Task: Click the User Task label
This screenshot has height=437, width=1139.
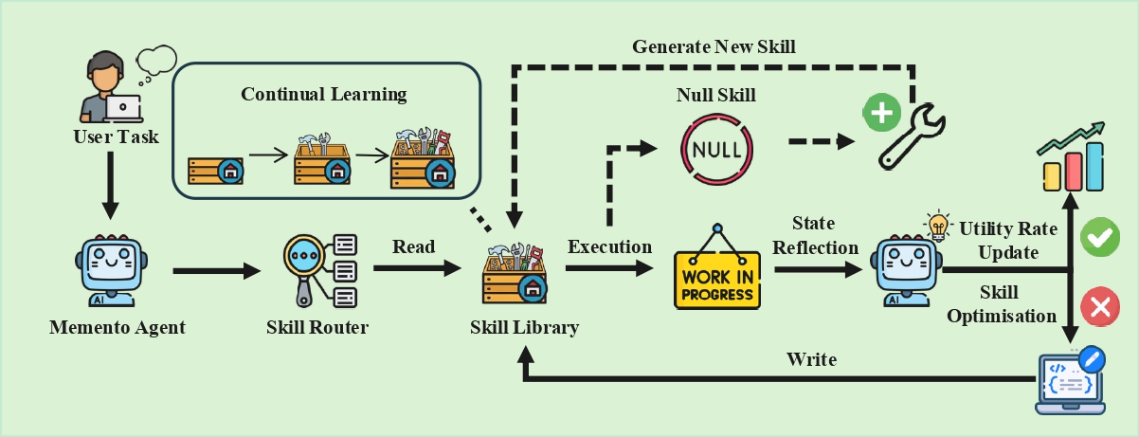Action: coord(116,137)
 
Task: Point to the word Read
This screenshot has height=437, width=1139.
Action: coord(413,247)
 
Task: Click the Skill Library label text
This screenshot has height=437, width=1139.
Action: coord(524,328)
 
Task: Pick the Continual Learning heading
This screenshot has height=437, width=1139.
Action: coord(323,95)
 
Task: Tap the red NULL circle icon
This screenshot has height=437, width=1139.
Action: coord(717,149)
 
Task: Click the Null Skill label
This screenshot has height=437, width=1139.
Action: coord(716,96)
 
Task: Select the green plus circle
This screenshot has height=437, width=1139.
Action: coord(881,114)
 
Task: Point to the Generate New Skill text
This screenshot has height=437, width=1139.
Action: coord(714,46)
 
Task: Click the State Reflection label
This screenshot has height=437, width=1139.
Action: coord(813,236)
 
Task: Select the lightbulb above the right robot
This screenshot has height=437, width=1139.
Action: coord(938,226)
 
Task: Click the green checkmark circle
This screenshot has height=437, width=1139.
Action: coord(1099,238)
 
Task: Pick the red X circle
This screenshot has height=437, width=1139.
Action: coord(1099,306)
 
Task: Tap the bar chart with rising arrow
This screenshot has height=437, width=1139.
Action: coord(1073,158)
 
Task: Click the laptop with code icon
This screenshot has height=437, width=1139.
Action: coord(1070,382)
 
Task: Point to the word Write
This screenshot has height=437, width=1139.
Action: coord(811,360)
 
